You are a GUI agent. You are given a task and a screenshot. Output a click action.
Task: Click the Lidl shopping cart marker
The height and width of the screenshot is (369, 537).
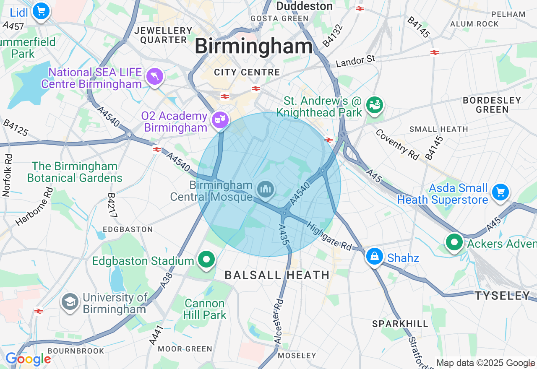pyautogui.click(x=41, y=11)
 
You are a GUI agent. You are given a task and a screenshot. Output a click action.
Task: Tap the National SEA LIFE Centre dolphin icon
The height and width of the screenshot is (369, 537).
pyautogui.click(x=154, y=77)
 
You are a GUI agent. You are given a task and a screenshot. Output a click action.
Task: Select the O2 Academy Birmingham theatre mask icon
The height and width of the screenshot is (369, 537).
pyautogui.click(x=220, y=120)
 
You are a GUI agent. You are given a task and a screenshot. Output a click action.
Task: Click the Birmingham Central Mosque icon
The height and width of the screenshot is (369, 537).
pyautogui.click(x=266, y=190)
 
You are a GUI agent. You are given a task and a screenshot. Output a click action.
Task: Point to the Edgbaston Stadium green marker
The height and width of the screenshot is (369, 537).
pyautogui.click(x=206, y=260)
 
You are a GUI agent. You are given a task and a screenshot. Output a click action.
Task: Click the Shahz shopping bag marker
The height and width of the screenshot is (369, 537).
pyautogui.click(x=374, y=256)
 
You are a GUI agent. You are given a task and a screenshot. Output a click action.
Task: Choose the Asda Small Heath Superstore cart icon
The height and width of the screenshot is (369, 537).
pyautogui.click(x=500, y=192)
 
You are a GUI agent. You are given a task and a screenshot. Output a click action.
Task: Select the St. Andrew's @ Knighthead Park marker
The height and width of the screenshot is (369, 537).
pyautogui.click(x=375, y=105)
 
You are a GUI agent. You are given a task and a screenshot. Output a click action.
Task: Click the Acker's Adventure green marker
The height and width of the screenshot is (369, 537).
pyautogui.click(x=454, y=242)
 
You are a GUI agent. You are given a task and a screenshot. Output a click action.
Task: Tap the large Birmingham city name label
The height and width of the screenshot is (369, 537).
pyautogui.click(x=254, y=46)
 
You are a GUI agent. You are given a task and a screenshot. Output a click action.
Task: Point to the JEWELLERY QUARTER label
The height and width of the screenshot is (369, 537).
pyautogui.click(x=163, y=36)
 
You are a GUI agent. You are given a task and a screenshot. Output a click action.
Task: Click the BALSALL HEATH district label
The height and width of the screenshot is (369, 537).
pyautogui.click(x=277, y=275)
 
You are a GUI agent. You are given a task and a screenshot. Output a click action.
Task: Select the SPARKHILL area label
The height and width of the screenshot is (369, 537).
pyautogui.click(x=400, y=324)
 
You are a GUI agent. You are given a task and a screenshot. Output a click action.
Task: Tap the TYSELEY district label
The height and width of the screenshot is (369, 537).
pyautogui.click(x=502, y=296)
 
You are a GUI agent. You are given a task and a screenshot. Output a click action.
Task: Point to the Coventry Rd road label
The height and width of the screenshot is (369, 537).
pyautogui.click(x=396, y=145)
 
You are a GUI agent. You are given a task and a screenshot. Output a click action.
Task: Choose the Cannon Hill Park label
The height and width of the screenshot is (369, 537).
pyautogui.click(x=205, y=309)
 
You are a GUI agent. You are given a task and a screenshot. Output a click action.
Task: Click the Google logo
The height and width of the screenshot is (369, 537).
pyautogui.click(x=28, y=359)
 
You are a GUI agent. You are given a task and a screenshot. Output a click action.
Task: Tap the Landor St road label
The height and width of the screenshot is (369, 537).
pyautogui.click(x=355, y=61)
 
